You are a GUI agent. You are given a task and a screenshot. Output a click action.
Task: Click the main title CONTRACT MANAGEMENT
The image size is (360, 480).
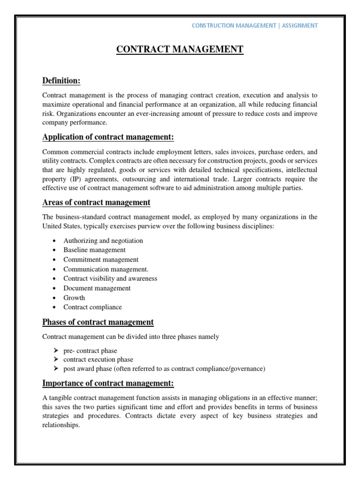point(180,50)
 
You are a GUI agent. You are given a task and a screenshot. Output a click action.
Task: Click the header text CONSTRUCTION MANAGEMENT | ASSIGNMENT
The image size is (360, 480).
point(255,25)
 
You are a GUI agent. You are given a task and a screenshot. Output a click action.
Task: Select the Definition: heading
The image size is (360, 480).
point(61,81)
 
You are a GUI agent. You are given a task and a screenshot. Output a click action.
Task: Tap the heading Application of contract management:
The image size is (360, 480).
point(108,137)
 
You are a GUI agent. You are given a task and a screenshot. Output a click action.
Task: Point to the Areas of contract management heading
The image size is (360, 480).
point(96,202)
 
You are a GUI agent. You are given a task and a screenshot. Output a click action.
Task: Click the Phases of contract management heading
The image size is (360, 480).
point(98,322)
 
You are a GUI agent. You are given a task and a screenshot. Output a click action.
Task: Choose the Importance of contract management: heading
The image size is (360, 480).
point(108,383)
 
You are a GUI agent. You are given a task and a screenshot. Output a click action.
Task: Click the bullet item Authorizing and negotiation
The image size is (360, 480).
point(103,240)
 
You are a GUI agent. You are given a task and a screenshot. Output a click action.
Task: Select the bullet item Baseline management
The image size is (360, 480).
point(94,250)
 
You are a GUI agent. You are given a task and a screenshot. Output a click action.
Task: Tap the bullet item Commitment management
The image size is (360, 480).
point(101,259)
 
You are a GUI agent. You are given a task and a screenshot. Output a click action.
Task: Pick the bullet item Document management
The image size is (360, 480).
point(97,288)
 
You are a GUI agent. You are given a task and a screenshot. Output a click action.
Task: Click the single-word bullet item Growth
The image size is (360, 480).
point(74,298)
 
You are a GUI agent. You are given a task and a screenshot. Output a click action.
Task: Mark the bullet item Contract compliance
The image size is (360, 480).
point(92,307)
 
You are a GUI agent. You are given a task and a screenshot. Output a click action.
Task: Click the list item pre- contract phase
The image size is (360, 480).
point(90,350)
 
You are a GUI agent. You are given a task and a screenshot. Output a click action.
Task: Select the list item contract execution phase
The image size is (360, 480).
point(98,360)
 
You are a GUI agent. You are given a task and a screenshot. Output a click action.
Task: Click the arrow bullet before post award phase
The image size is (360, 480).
point(55,369)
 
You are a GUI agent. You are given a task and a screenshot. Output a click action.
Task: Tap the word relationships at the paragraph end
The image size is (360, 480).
point(61,426)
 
